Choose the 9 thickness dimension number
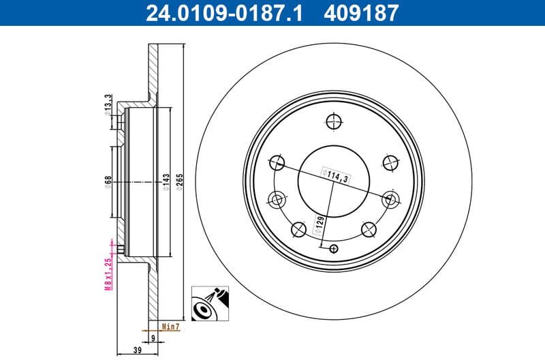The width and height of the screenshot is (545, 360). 153,336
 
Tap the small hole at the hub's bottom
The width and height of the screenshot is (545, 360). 333,248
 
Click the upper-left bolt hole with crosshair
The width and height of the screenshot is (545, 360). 277,163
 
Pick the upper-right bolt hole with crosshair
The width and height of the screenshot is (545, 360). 390,163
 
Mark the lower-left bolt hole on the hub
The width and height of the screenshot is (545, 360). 298,229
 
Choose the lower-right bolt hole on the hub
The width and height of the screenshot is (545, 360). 369,229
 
